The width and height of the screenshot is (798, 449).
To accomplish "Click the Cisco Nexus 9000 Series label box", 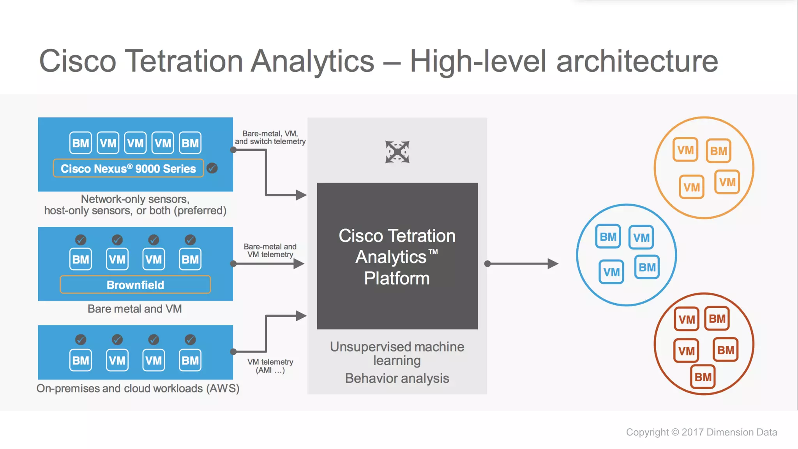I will click(128, 168).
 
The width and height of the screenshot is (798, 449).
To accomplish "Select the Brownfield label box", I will click(135, 285).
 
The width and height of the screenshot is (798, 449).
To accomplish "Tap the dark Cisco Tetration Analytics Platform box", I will click(397, 256).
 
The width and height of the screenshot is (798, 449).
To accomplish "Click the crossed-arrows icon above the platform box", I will click(397, 152).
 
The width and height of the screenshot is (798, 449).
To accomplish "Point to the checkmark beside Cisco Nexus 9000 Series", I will click(212, 168).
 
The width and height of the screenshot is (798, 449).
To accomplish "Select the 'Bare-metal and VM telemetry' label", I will click(270, 251).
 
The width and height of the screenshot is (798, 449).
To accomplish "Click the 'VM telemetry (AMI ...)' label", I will click(270, 366).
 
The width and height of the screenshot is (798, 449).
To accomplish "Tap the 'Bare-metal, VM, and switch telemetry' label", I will click(270, 138).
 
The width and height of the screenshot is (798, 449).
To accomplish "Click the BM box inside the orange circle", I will click(718, 151).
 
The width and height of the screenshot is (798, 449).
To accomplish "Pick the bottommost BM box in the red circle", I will click(703, 377).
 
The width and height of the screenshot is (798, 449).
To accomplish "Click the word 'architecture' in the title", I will click(637, 61).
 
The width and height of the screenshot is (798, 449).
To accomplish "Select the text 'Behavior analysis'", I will click(397, 378).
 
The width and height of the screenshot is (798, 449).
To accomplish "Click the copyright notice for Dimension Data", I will click(701, 432).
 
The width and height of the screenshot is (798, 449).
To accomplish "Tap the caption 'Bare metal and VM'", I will click(135, 309).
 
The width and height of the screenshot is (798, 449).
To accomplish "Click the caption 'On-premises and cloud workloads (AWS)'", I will click(138, 388).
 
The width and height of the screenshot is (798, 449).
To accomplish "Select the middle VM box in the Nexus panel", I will click(135, 143).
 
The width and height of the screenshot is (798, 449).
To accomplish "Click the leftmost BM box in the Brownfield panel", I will click(81, 259).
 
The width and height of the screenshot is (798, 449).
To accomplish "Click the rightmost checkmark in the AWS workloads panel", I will click(190, 340).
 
